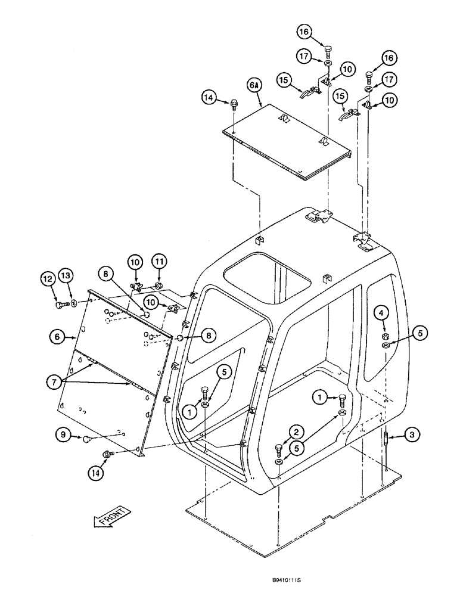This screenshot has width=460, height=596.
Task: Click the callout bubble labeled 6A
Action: [254, 86]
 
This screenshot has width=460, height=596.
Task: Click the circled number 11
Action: [160, 261]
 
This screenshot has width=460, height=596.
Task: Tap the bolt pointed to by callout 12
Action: [60, 305]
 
